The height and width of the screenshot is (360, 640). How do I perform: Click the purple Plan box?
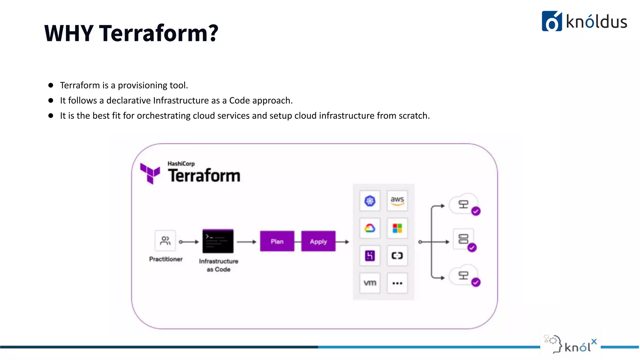(277, 241)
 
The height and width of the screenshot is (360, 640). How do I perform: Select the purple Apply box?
(318, 241)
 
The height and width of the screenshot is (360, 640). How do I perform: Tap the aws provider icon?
(397, 201)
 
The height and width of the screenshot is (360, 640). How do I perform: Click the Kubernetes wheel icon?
(370, 201)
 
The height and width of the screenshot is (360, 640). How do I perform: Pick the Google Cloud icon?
(370, 228)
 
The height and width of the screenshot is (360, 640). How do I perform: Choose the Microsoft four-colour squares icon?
(397, 228)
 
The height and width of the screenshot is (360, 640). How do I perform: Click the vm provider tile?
(370, 283)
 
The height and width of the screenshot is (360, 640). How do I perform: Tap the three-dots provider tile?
(397, 283)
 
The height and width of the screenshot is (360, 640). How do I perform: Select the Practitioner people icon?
(165, 241)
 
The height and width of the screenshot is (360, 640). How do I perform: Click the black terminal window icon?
(218, 241)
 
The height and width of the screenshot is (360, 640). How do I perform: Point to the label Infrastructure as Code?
(218, 265)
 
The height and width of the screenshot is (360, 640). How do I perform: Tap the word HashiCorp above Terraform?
(181, 163)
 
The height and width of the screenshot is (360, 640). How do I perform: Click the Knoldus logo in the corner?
(584, 21)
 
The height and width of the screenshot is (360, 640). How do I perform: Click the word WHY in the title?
(69, 33)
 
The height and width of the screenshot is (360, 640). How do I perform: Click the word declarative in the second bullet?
(128, 101)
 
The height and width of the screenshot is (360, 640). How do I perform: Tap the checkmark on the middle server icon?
(472, 248)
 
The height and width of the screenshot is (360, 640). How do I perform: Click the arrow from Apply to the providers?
(343, 242)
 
